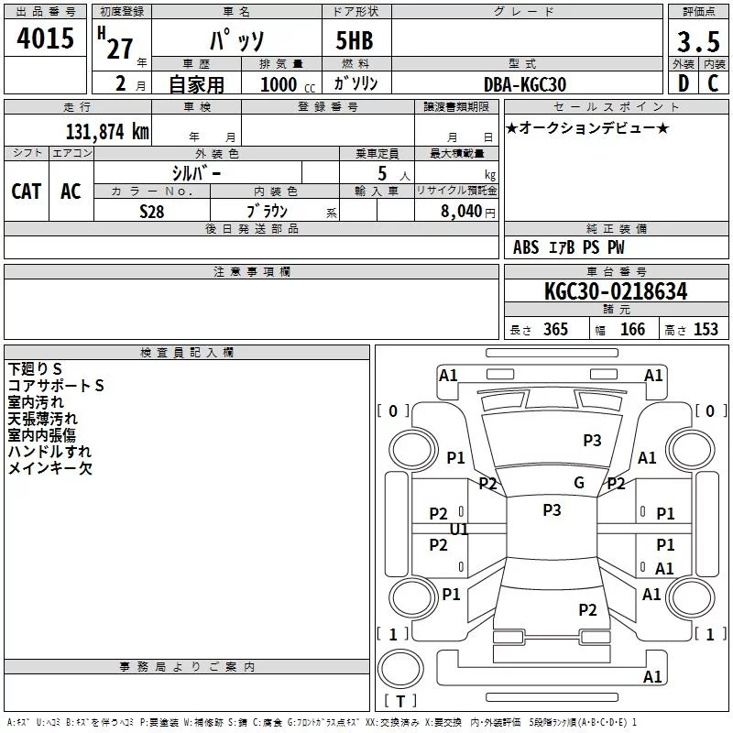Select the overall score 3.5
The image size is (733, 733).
[696, 43]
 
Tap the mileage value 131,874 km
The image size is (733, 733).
[107, 132]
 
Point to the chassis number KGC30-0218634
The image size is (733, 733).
[616, 292]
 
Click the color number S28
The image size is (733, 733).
[152, 210]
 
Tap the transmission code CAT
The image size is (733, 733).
[27, 191]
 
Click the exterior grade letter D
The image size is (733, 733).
[684, 84]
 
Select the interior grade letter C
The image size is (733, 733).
[713, 84]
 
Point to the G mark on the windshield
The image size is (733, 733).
[579, 483]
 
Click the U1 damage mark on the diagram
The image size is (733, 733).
[459, 530]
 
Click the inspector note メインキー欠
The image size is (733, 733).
[50, 468]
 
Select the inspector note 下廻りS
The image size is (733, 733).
[36, 369]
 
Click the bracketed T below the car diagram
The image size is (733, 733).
[399, 702]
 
